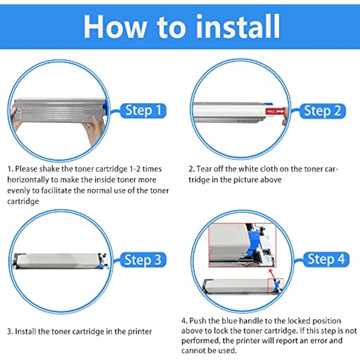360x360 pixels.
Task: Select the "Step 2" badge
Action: tap(322, 111)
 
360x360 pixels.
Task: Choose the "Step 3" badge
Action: tap(143, 260)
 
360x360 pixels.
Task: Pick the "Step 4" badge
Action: tap(326, 260)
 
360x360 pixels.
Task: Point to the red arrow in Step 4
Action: tap(272, 274)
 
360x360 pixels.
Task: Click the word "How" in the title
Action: tap(115, 27)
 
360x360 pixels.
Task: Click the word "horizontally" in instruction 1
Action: tap(28, 180)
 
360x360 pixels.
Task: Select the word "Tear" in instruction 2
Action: tap(204, 169)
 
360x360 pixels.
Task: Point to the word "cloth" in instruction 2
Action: tap(269, 169)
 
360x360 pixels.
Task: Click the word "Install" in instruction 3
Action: tap(26, 332)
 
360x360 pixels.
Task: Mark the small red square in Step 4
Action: tap(276, 286)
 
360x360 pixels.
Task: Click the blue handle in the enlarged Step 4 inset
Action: tap(253, 243)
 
